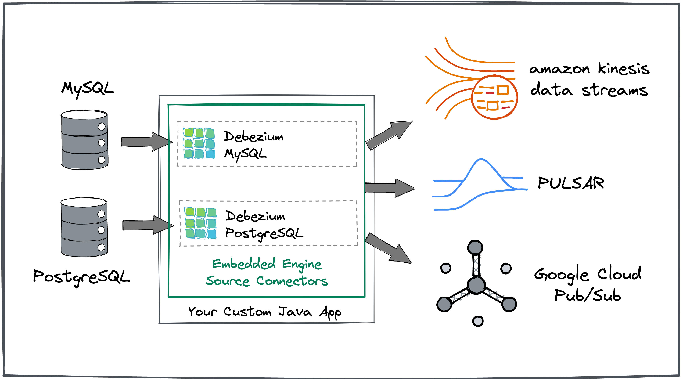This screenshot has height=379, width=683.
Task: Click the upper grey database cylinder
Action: [84, 140]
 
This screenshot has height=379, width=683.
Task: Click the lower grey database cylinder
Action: [84, 227]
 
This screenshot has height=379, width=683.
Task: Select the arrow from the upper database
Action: [145, 142]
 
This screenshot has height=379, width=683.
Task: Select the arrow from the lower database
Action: [146, 226]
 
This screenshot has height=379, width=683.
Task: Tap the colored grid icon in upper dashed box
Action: [199, 143]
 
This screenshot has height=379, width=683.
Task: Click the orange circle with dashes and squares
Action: [494, 97]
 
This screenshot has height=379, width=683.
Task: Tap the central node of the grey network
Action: [476, 285]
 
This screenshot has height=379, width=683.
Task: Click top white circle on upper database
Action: [102, 127]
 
